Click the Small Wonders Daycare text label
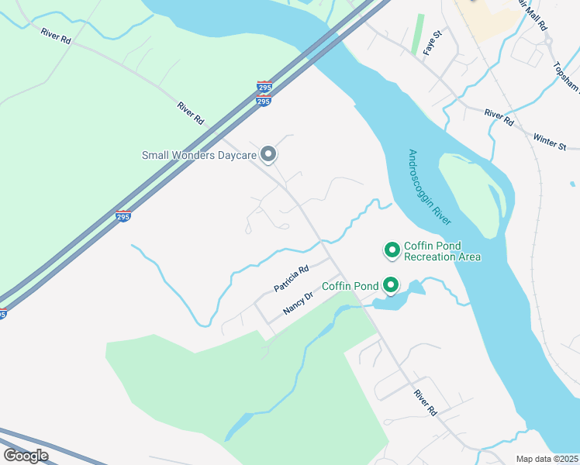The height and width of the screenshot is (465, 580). (199, 155)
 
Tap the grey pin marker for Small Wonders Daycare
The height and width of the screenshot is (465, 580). (268, 155)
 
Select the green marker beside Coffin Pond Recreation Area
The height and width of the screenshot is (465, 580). (392, 250)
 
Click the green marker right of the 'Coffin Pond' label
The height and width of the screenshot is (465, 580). (392, 286)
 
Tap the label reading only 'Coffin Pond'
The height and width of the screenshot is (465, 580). (350, 286)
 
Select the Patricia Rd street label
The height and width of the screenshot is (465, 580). (292, 280)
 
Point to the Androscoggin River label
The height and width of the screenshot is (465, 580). (430, 187)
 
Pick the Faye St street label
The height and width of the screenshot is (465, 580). (432, 43)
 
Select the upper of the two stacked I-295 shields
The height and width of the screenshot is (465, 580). (264, 87)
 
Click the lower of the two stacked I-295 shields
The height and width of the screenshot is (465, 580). (264, 101)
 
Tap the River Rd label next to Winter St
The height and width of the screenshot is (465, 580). (499, 117)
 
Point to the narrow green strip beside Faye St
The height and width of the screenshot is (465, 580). (419, 34)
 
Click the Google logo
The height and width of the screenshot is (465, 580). (26, 456)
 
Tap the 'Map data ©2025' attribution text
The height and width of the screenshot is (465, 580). (547, 459)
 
